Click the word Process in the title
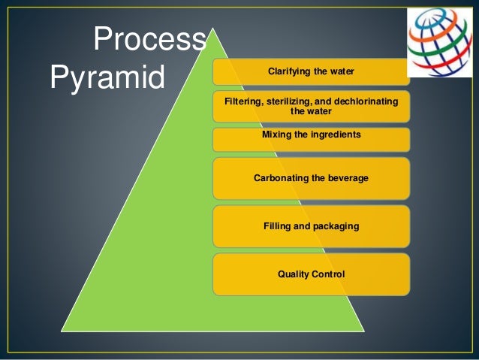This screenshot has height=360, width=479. pos(149,40)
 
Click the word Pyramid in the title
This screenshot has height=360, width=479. pos(107,77)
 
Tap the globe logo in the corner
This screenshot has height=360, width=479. pos(439,43)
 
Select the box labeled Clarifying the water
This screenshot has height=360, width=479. pos(311,72)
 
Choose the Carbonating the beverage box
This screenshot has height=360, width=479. pos(311,179)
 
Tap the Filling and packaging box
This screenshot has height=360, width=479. pos(311,226)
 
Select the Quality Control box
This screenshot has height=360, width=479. pos(311,274)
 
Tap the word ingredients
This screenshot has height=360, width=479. pos(336,135)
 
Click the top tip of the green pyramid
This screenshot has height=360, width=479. pos(214,30)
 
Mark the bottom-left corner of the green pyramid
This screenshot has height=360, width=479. pos(62,331)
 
